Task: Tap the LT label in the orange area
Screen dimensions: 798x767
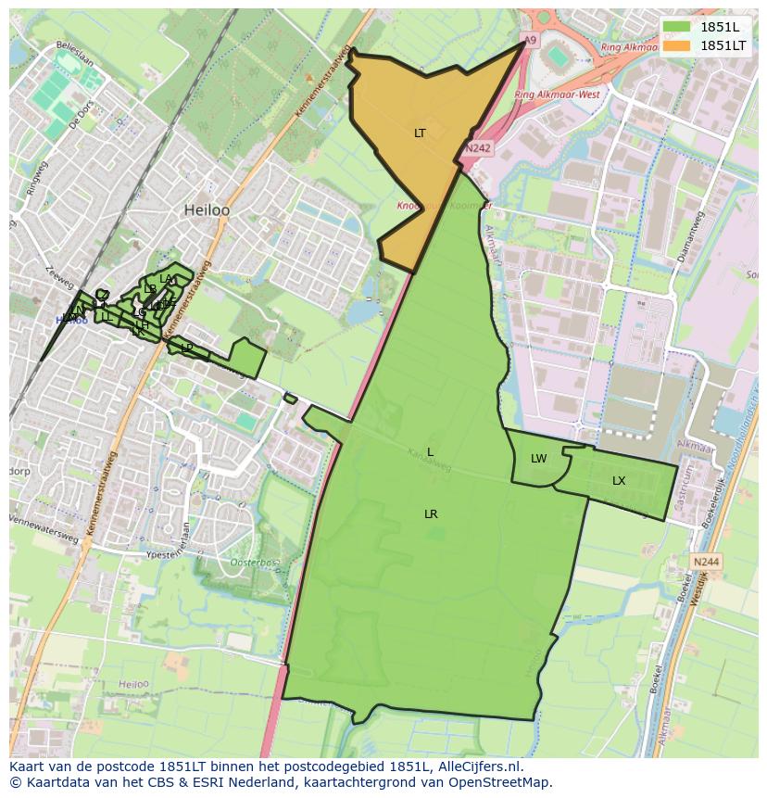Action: [420, 133]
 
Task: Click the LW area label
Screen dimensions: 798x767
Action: [538, 459]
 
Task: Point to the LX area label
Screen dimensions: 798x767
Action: [619, 481]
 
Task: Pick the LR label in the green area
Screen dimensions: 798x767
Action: [431, 514]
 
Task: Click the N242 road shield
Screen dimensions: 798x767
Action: [478, 147]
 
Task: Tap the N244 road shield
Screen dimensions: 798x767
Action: [706, 562]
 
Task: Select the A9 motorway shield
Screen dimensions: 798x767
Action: [529, 41]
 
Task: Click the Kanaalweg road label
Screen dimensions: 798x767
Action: [428, 461]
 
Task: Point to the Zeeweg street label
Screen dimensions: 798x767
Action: [58, 275]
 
